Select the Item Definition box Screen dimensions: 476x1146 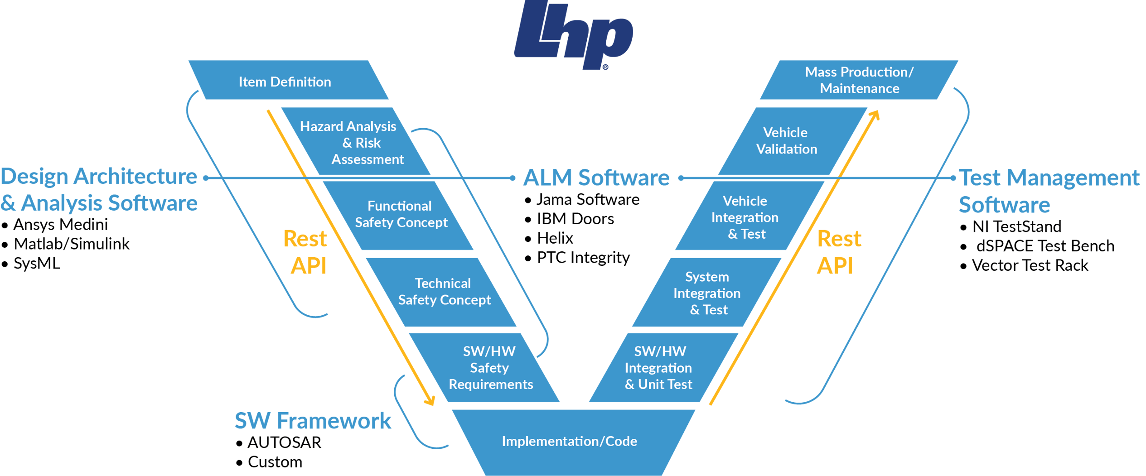click(x=285, y=82)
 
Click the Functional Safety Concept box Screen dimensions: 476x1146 click(x=401, y=214)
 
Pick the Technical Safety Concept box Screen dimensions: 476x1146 click(x=444, y=292)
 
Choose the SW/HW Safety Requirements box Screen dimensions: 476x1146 click(x=489, y=368)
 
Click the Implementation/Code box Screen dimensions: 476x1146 click(x=569, y=441)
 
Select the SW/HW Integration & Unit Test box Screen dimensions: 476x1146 click(x=659, y=368)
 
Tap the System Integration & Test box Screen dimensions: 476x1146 click(x=707, y=293)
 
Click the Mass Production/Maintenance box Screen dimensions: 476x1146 click(x=859, y=80)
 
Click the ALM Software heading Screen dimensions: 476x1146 click(x=596, y=178)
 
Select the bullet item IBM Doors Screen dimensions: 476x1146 click(x=575, y=219)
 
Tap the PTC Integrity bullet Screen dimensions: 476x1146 click(x=583, y=258)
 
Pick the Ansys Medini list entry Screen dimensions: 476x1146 click(x=60, y=225)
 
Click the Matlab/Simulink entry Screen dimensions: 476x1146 click(x=72, y=244)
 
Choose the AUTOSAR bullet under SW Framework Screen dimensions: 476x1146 click(x=284, y=442)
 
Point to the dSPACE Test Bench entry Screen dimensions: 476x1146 click(x=1044, y=246)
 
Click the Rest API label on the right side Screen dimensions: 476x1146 click(x=838, y=252)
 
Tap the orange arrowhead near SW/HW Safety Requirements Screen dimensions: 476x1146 click(x=430, y=400)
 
